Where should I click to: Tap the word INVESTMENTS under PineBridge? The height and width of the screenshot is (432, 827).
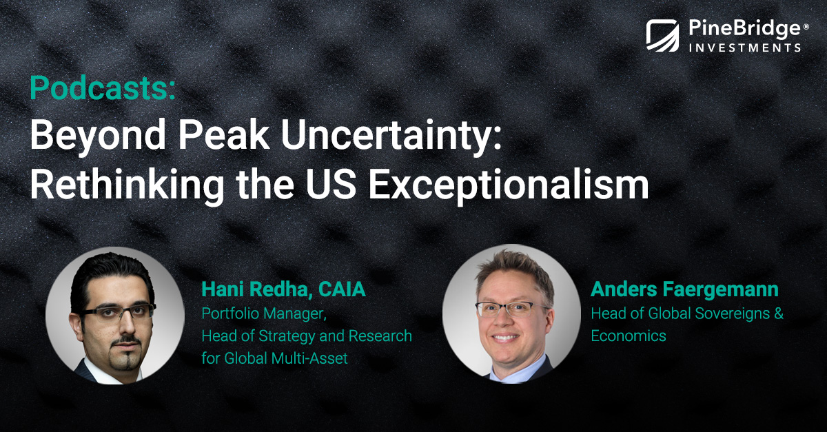[x=736, y=48]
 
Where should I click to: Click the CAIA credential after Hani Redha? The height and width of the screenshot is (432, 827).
[x=343, y=289]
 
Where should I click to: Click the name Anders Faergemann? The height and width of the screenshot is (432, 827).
[x=684, y=289]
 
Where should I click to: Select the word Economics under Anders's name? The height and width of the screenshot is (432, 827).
[x=628, y=336]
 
